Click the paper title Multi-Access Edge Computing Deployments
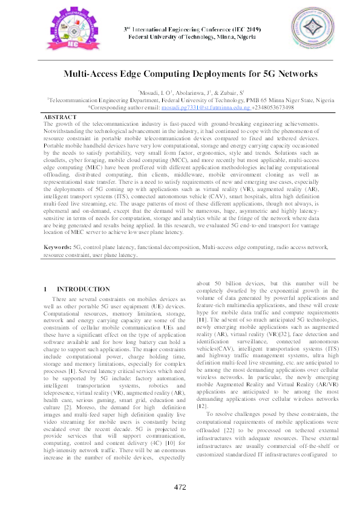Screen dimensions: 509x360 pyautogui.click(x=191, y=74)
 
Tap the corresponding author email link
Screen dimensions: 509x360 pyautogui.click(x=198, y=107)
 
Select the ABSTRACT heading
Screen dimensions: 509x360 pyautogui.click(x=61, y=116)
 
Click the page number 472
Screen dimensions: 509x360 pyautogui.click(x=180, y=488)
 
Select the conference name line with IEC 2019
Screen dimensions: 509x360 pyautogui.click(x=191, y=29)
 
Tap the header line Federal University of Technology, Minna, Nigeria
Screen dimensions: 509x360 pyautogui.click(x=191, y=37)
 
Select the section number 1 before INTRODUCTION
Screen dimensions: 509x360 pyautogui.click(x=47, y=290)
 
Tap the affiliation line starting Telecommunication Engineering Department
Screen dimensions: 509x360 pyautogui.click(x=191, y=99)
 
